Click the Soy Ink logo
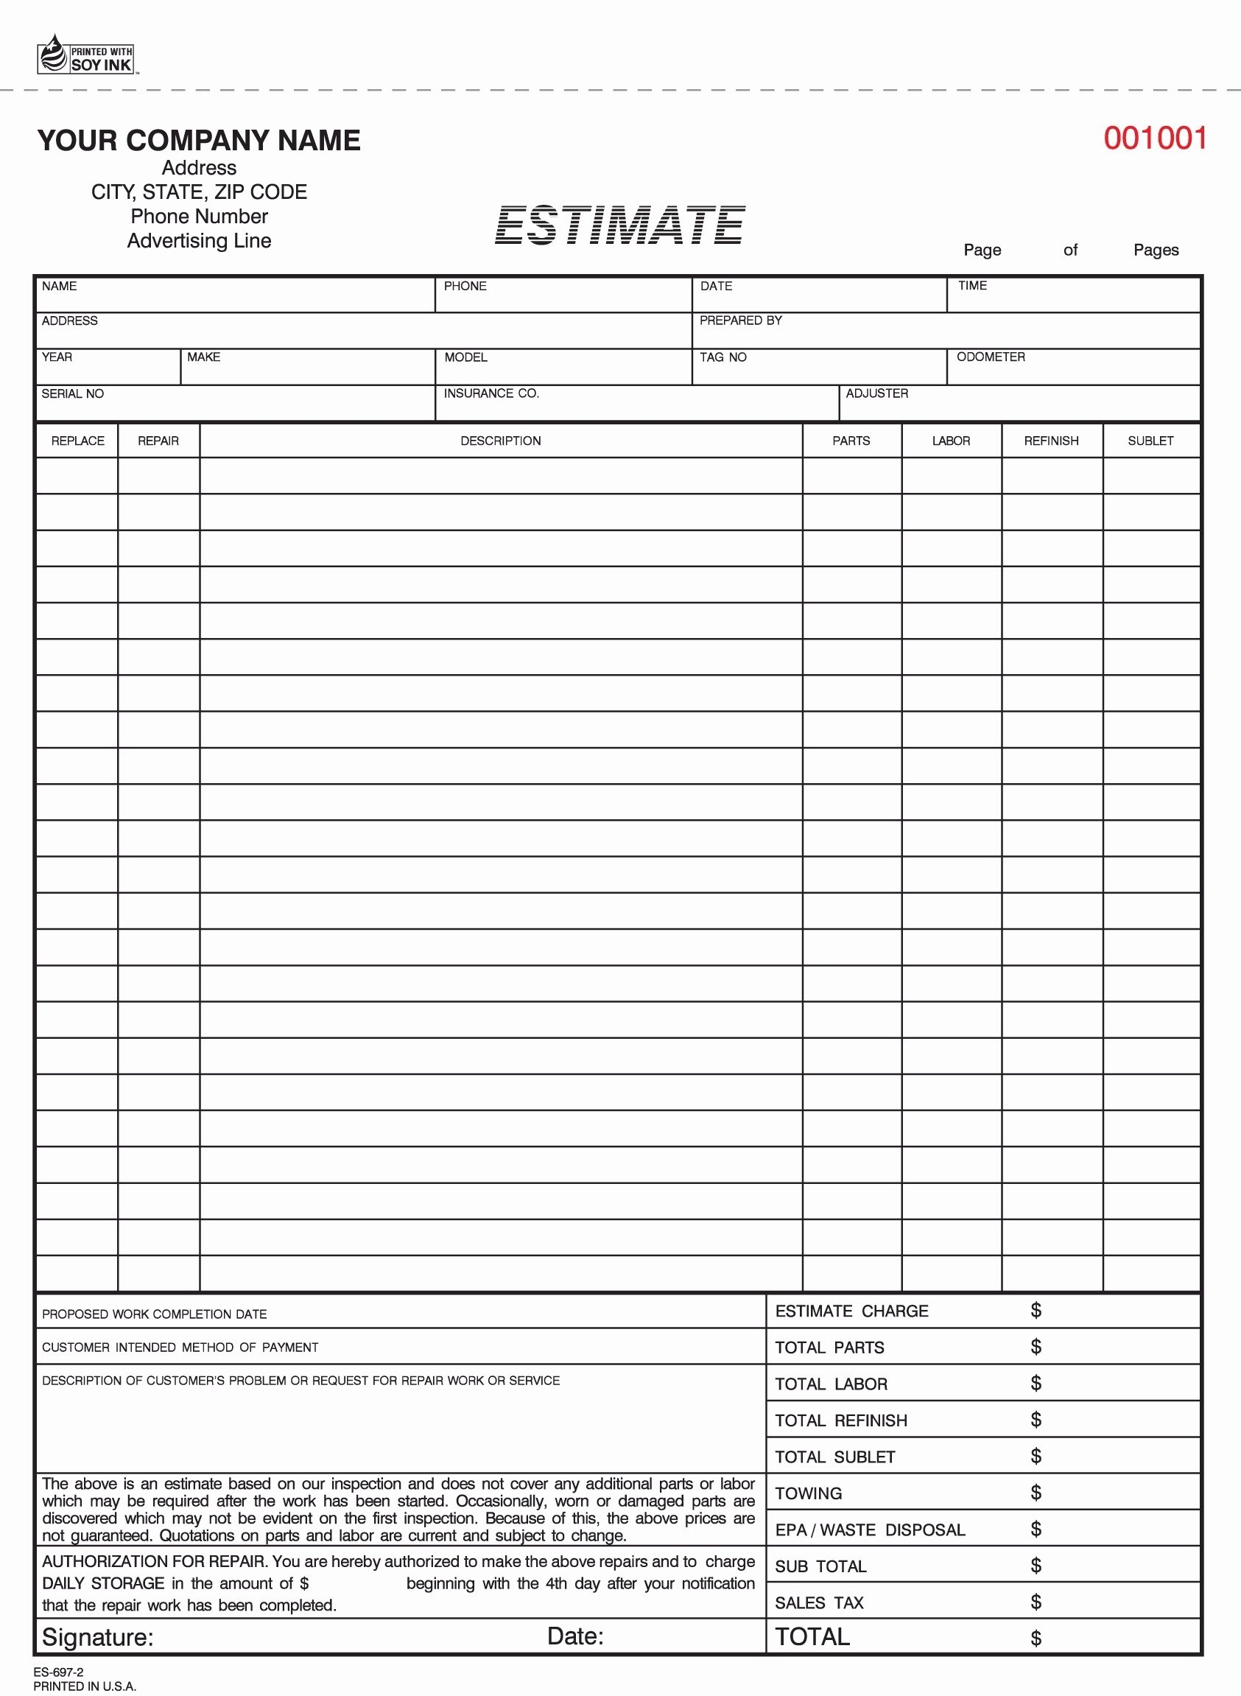click(85, 55)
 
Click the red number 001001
click(1155, 139)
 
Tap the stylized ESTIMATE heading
click(619, 225)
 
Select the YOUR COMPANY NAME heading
click(199, 141)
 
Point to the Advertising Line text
click(199, 241)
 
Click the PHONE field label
click(465, 287)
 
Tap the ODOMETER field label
click(990, 357)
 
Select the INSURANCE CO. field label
click(491, 393)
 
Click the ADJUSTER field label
click(876, 393)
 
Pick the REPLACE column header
click(77, 441)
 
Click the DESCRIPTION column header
click(500, 441)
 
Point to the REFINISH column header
click(1051, 441)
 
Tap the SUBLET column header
click(1150, 441)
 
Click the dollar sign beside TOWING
click(1036, 1493)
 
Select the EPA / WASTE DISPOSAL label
click(870, 1530)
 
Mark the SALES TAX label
click(819, 1603)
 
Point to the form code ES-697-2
click(59, 1672)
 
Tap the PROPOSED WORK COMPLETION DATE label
click(154, 1314)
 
